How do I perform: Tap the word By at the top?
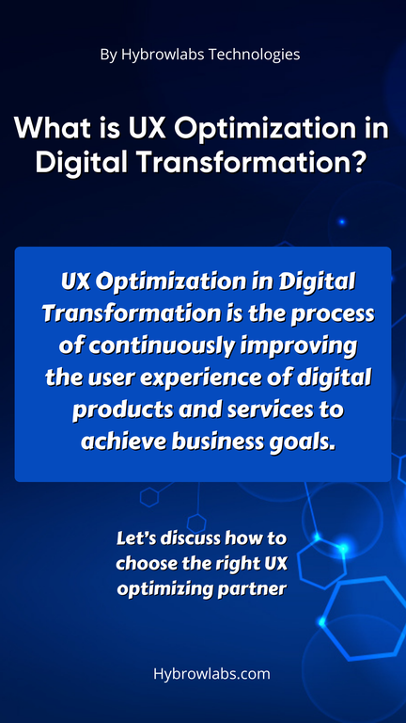point(109,55)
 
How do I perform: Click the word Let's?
point(134,538)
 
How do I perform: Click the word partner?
point(258,589)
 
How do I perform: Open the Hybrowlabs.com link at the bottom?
point(211,674)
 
